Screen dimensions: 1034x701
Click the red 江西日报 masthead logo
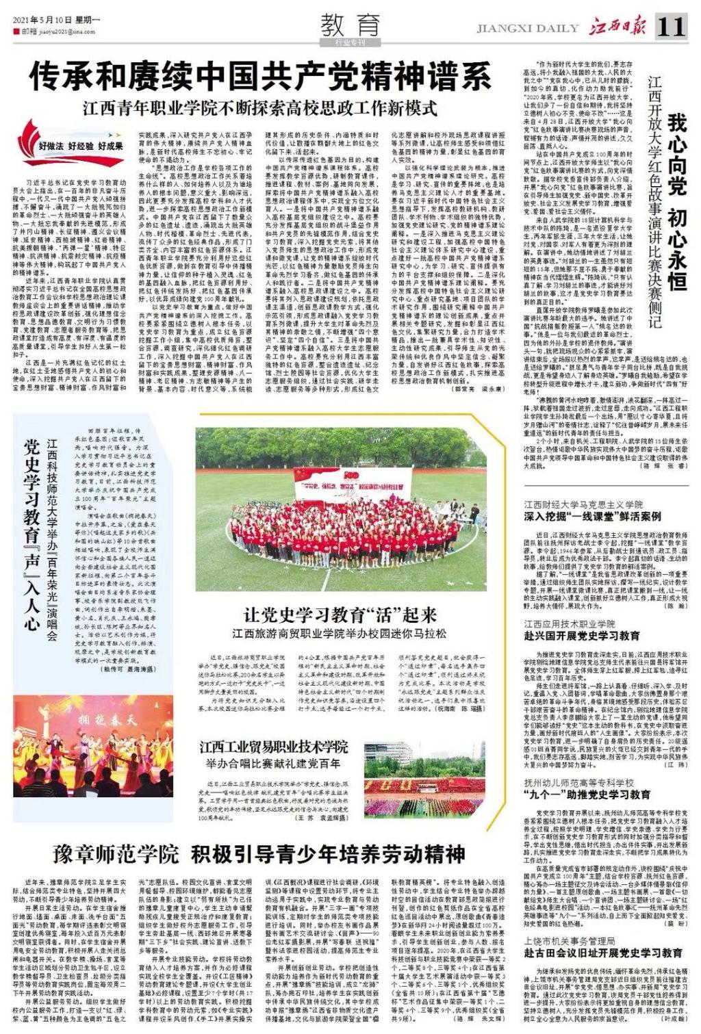point(620,27)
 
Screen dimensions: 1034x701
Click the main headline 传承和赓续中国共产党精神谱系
point(260,77)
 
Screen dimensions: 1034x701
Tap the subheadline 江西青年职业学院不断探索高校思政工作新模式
point(260,107)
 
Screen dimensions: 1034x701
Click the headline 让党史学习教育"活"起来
point(340,612)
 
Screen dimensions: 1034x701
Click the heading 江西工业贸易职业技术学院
point(274,746)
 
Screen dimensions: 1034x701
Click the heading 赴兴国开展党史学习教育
point(583,636)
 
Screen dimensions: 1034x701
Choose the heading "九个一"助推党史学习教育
point(587,794)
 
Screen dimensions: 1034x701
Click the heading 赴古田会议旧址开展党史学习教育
point(603,952)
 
